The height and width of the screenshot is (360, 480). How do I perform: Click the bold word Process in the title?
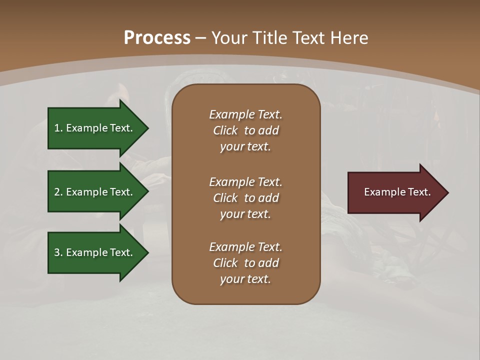click(x=157, y=37)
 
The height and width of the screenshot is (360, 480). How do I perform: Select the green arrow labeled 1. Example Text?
click(x=95, y=128)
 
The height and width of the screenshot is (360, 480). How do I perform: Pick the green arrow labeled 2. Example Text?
click(x=95, y=192)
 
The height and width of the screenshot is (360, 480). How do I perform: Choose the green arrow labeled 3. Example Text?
click(x=95, y=252)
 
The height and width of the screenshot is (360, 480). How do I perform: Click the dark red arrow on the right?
click(x=395, y=192)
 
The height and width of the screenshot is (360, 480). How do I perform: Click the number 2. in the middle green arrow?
click(x=58, y=192)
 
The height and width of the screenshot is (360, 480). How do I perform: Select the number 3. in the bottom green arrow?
click(x=58, y=252)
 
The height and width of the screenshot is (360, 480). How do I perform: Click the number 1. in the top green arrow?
click(x=58, y=128)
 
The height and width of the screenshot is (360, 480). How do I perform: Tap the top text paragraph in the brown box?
click(x=245, y=130)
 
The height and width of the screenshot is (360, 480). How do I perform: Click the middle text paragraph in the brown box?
click(x=245, y=197)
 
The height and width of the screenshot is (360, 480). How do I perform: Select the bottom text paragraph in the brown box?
click(x=245, y=263)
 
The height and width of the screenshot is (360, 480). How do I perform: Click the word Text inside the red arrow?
click(x=419, y=192)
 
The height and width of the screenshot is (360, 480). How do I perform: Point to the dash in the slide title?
click(x=200, y=38)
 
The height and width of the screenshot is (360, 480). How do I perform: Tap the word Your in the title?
click(x=228, y=37)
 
